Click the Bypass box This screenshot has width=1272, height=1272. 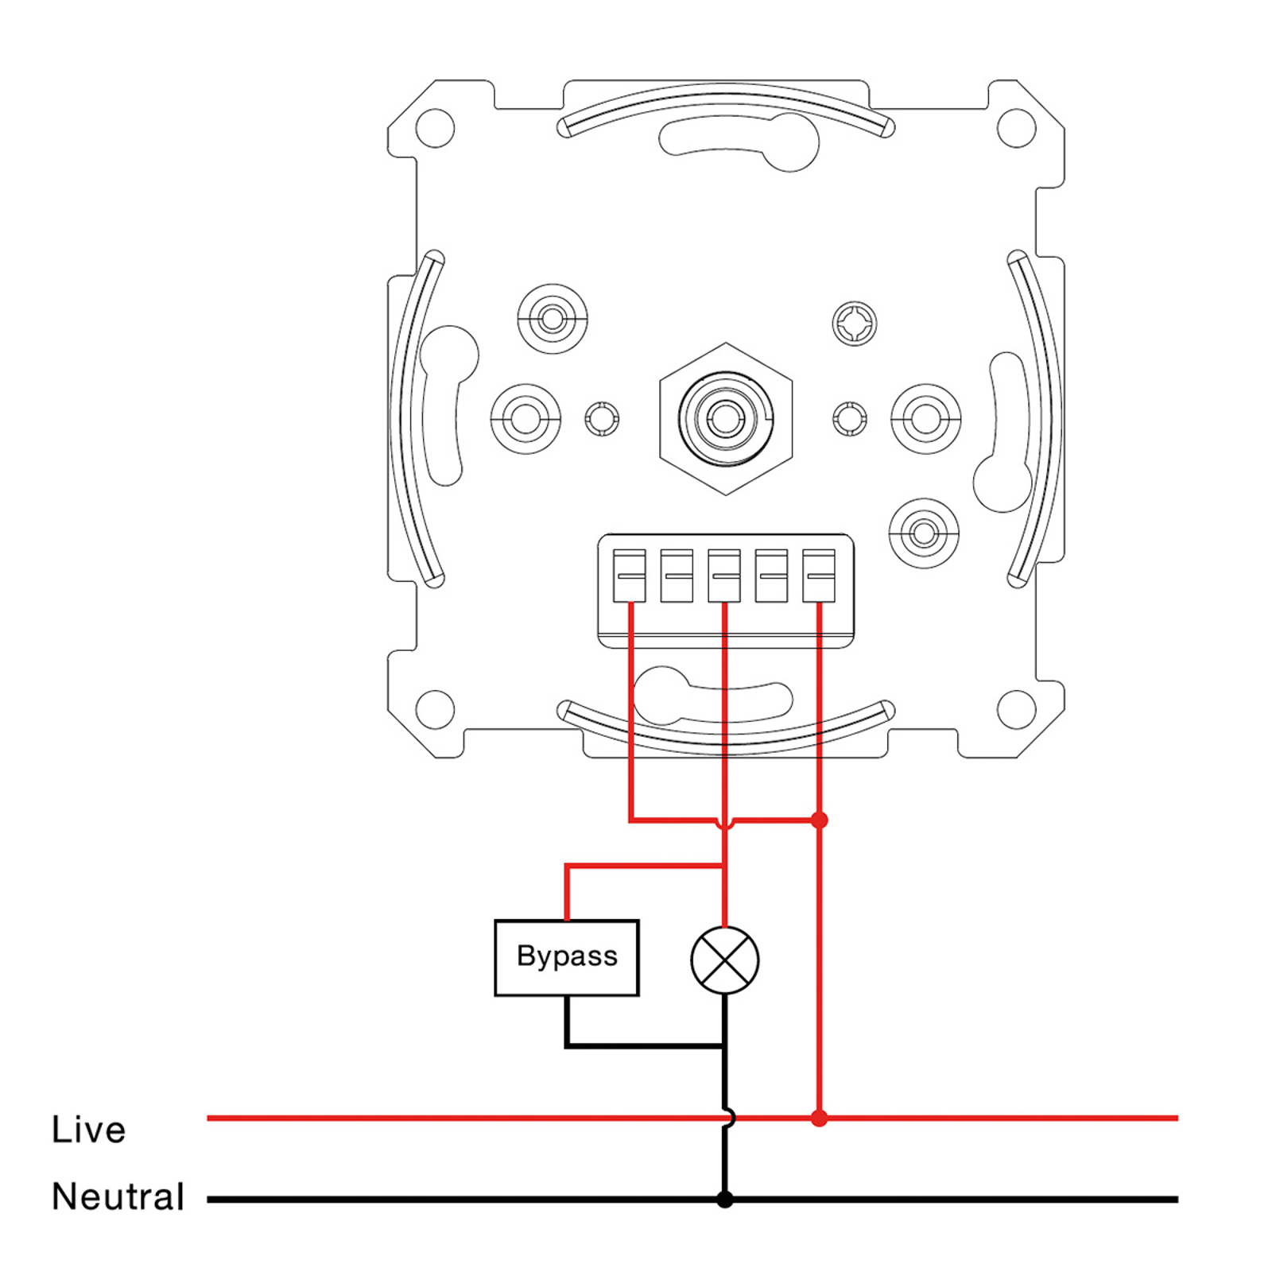click(x=566, y=957)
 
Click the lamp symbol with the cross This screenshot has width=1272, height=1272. click(x=725, y=960)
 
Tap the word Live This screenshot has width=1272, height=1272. click(x=88, y=1129)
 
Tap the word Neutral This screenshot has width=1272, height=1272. click(x=118, y=1196)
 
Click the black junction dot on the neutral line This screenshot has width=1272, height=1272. click(x=725, y=1199)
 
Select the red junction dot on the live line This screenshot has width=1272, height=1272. click(x=820, y=1118)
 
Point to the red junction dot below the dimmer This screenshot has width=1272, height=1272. click(x=820, y=820)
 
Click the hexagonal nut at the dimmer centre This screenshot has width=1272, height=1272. click(x=726, y=418)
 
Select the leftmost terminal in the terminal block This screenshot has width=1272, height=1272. click(x=629, y=575)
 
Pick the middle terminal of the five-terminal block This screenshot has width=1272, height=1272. click(x=724, y=575)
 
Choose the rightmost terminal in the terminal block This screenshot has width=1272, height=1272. click(x=819, y=575)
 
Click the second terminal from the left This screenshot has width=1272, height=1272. click(x=677, y=575)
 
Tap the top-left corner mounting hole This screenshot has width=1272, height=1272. click(x=435, y=127)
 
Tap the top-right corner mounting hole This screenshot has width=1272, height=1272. click(x=1016, y=127)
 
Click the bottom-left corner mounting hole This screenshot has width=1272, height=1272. click(x=435, y=709)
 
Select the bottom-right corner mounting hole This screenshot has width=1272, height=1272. click(x=1016, y=709)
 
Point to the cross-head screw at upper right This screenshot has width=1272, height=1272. click(x=855, y=324)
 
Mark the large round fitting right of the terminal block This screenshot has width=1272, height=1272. click(x=924, y=533)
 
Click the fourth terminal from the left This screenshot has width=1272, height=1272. click(x=771, y=575)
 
